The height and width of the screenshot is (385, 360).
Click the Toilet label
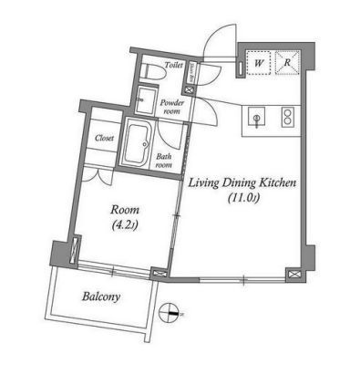pos(174,65)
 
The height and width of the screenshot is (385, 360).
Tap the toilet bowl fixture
pos(153,73)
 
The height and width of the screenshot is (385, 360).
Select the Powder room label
pos(172,107)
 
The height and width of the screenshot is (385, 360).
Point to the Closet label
pos(105,138)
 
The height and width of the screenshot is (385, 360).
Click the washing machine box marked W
pos(259,63)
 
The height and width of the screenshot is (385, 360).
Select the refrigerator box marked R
pos(287,63)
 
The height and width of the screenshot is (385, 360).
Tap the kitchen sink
pos(257,117)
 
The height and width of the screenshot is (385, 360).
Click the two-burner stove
pos(286,117)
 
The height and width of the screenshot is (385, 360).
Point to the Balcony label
pos(101,297)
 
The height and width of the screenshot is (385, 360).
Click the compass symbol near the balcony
pos(168,313)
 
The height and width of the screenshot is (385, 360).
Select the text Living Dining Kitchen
pos(242,183)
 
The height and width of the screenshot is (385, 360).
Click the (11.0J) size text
pos(243,198)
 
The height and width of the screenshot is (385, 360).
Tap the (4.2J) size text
pos(125,225)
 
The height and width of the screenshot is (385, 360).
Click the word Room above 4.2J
pos(125,210)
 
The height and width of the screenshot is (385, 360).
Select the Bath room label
pos(164,161)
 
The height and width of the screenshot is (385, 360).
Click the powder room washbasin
pos(146,100)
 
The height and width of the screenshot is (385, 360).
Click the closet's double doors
pos(98,176)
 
